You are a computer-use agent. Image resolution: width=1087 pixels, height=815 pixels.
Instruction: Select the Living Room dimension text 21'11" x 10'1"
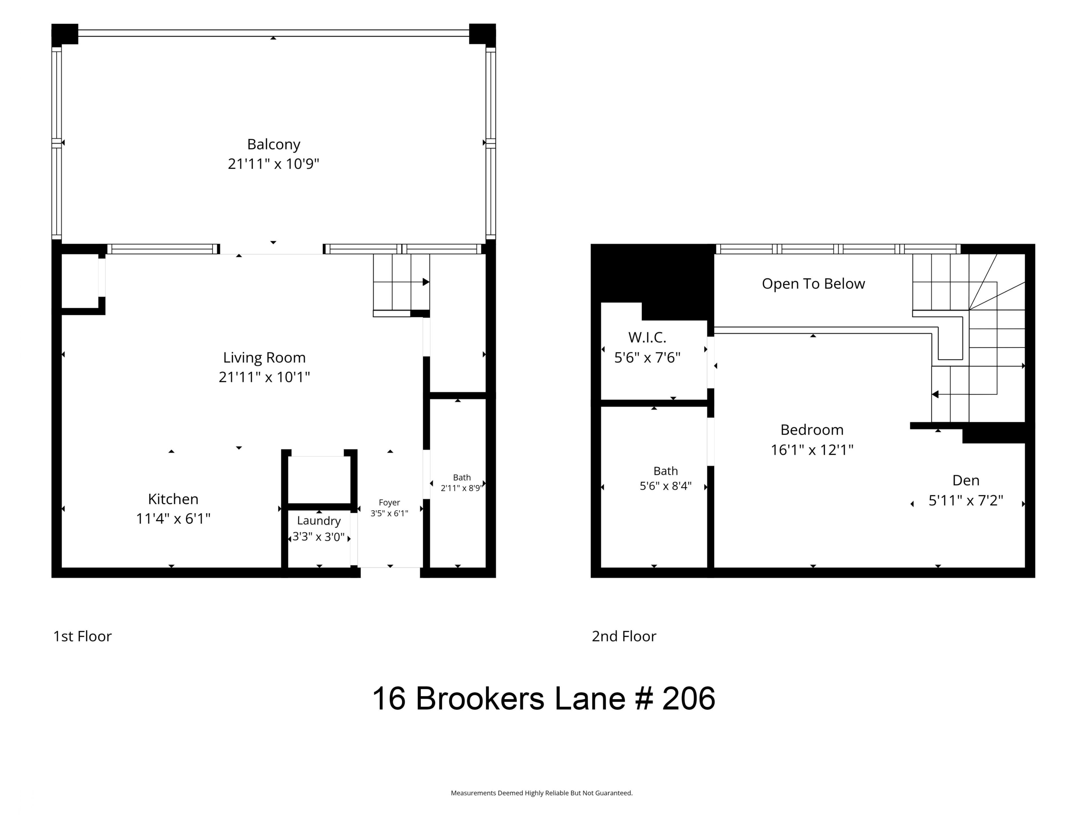click(x=264, y=377)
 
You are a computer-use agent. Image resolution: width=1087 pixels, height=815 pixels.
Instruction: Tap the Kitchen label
click(x=173, y=499)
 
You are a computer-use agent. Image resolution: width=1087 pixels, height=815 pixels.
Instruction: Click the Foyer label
click(x=389, y=503)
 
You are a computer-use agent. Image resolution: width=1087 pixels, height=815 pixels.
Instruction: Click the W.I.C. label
click(x=647, y=338)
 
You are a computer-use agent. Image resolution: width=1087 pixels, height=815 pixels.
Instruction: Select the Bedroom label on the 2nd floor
click(x=812, y=430)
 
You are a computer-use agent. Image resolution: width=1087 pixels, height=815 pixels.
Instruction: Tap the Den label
click(x=966, y=480)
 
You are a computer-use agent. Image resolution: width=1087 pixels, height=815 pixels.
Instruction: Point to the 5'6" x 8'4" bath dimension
click(x=666, y=486)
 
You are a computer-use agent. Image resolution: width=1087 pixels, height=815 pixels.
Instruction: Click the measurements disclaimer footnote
click(x=542, y=793)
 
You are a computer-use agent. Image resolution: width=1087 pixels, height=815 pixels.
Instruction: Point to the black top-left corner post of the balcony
click(x=65, y=34)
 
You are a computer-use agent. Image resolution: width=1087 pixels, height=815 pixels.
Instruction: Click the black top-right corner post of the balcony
click(x=483, y=34)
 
